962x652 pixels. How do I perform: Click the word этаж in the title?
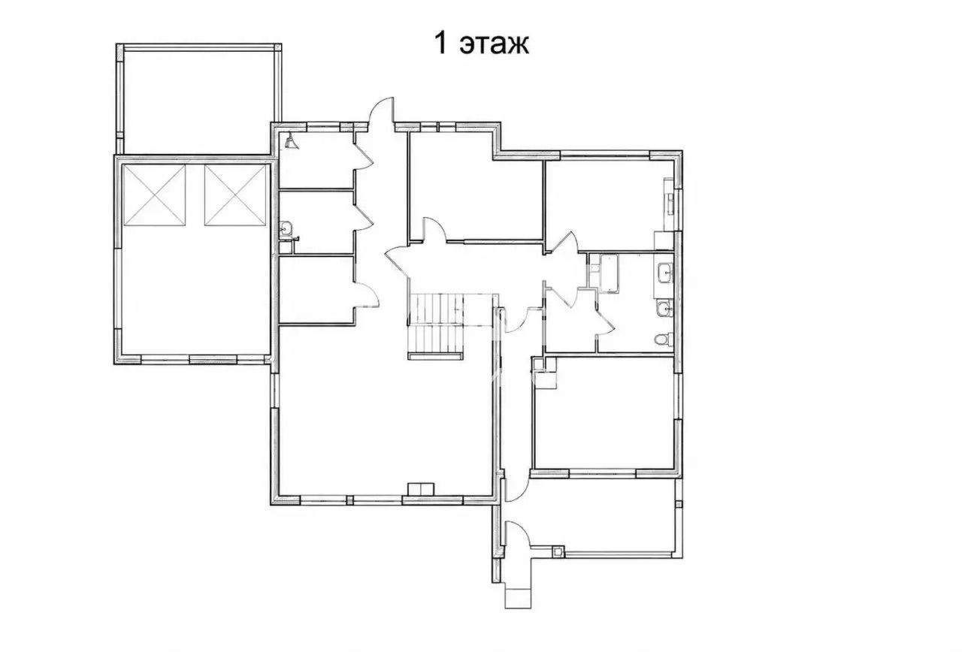tap(495, 44)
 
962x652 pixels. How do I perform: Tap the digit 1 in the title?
tap(440, 43)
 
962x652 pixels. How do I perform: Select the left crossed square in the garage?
tap(154, 195)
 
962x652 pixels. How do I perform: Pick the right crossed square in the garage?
tap(235, 195)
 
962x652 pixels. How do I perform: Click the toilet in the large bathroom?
tap(664, 340)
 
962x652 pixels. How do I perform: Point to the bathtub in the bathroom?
tap(609, 274)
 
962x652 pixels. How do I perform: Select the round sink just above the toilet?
tap(665, 308)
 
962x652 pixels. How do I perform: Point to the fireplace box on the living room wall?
tap(421, 489)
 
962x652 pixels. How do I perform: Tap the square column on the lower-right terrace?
tap(558, 551)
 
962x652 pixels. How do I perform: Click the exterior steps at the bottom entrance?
tap(518, 598)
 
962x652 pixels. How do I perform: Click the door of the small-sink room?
tap(364, 218)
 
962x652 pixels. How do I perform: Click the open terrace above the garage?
tap(199, 100)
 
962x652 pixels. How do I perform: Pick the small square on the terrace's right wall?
tap(679, 504)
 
